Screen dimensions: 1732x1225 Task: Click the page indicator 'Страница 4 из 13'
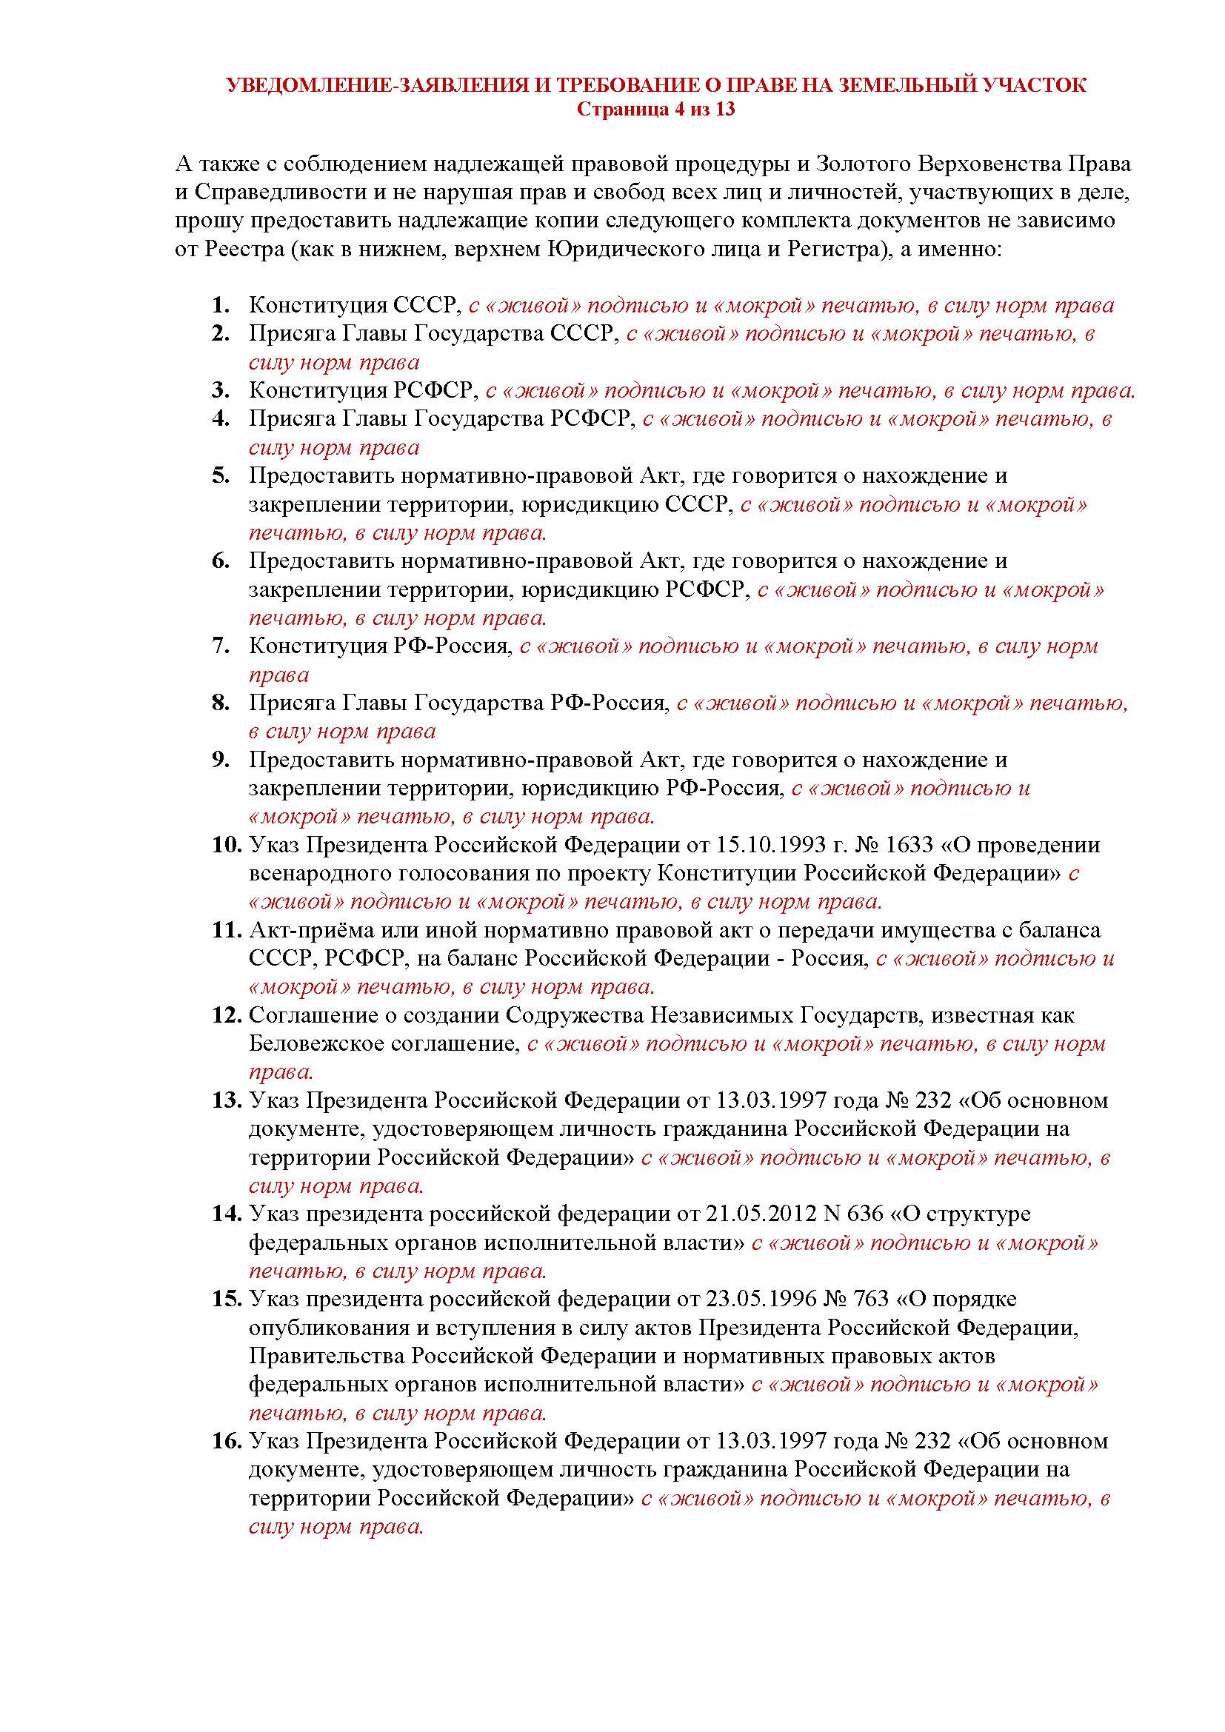coord(655,110)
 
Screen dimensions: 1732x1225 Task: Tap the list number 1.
coord(220,306)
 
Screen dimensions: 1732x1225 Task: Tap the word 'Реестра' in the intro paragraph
coord(244,249)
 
